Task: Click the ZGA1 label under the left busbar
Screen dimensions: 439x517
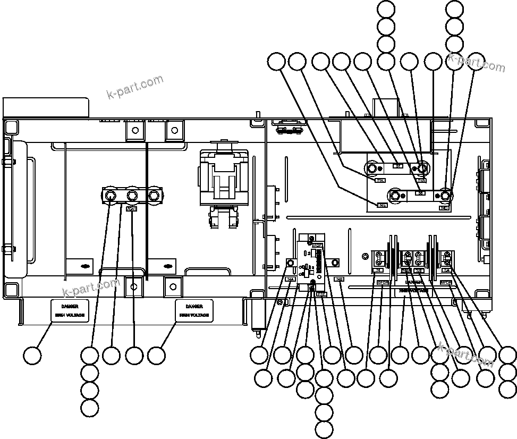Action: pos(131,209)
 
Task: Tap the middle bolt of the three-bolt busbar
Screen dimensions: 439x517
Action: pos(131,196)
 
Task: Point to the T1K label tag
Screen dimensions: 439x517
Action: pos(380,180)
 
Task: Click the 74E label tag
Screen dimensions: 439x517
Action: pos(382,205)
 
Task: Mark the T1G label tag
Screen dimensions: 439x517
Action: pos(421,181)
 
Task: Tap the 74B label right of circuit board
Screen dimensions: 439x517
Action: pos(338,279)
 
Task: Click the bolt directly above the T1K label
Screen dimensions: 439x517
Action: pos(373,169)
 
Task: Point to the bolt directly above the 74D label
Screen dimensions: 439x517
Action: pos(445,197)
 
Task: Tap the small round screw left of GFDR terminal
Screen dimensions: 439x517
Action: pos(365,257)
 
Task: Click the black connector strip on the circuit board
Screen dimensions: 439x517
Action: pos(318,260)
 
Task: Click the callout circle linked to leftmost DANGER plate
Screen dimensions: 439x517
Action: pos(32,356)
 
